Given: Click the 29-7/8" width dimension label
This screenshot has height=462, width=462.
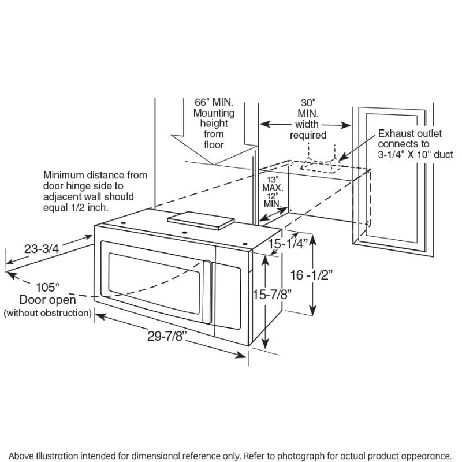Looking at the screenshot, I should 167,337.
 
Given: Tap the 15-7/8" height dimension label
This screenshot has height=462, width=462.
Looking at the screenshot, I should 272,293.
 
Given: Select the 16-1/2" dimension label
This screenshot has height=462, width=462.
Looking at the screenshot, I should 312,275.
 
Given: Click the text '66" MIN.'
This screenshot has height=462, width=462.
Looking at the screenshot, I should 213,102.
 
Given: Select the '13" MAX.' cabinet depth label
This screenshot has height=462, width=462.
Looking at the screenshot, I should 272,184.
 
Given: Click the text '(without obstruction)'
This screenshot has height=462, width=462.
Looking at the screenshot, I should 48,313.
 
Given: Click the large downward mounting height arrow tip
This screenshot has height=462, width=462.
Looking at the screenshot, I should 213,165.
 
